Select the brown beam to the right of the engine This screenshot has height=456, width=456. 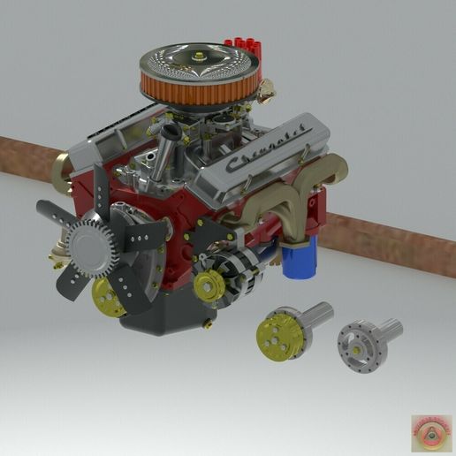point(389,240)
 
